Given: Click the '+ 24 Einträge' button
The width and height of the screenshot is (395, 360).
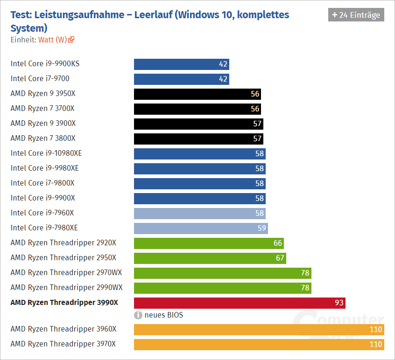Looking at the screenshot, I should coord(356,15).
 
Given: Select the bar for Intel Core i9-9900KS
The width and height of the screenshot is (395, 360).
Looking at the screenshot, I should coord(181,64).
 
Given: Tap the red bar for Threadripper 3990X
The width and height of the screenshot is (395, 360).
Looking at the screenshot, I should coord(239,303).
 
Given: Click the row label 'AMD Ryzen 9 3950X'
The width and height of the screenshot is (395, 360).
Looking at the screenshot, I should coord(43,93).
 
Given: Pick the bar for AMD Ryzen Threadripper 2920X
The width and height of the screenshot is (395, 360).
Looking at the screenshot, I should coord(208,243).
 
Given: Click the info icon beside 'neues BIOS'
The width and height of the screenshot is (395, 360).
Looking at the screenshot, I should coord(138,315).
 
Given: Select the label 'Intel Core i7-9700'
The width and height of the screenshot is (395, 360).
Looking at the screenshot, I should coord(40,78).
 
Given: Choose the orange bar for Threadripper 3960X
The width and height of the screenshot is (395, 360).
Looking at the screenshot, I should coord(259,330).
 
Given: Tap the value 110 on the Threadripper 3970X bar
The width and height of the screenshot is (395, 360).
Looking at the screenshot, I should coord(375,345).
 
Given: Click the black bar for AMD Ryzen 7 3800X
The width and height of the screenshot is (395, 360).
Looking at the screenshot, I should coord(198,139).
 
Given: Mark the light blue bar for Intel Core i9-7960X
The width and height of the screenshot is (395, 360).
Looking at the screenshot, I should coord(199,214).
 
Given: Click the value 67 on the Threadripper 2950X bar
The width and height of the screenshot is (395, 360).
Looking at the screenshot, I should coord(280,258).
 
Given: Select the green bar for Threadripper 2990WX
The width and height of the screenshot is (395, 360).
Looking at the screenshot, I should coord(222,288).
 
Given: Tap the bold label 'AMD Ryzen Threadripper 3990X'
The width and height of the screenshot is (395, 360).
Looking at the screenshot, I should coord(64,302).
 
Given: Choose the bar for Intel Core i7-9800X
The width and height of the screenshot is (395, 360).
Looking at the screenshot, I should coord(199,184).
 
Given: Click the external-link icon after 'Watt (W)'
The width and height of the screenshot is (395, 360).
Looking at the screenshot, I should coord(71,40).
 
